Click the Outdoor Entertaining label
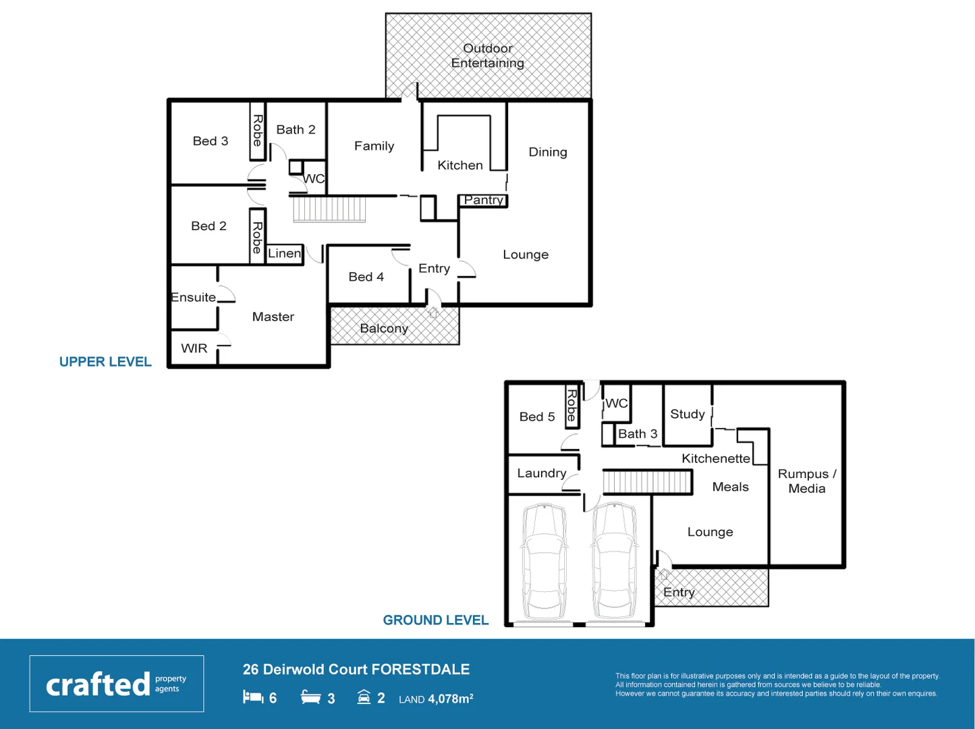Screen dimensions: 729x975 (488, 56)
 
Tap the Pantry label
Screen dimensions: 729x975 (483, 200)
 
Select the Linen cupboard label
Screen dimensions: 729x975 (284, 254)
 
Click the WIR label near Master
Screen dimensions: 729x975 (194, 348)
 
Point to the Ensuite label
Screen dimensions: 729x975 (194, 297)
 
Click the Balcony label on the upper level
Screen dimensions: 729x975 (384, 329)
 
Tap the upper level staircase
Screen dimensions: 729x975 (329, 209)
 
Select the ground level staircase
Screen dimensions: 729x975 (647, 482)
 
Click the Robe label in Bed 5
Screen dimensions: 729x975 (572, 405)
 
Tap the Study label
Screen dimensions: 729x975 (687, 414)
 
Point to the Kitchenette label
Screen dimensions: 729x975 (715, 458)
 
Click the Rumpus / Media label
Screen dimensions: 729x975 (806, 481)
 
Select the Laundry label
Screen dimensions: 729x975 (541, 473)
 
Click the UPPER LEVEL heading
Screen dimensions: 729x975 (105, 362)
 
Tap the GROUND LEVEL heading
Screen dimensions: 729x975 (435, 620)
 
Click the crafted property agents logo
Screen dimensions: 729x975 (116, 684)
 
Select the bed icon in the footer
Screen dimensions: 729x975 (253, 697)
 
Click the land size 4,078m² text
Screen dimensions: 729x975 (450, 699)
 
